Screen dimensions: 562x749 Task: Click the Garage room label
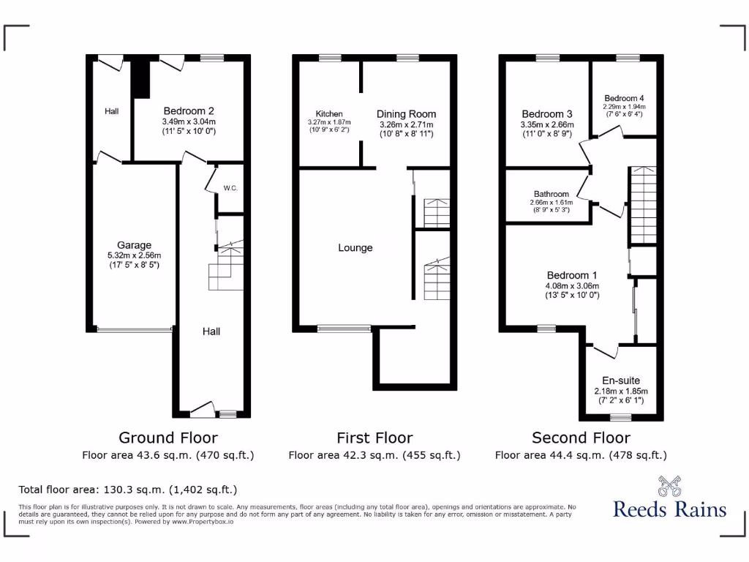[135, 245]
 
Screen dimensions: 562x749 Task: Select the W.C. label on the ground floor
[230, 188]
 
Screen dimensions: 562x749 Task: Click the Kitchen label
[329, 114]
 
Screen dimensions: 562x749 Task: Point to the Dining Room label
[406, 114]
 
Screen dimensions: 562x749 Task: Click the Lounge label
[355, 248]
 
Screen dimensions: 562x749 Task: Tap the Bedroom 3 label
[547, 114]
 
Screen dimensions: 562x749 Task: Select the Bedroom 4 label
[624, 98]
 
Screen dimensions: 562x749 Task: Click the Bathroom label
[551, 194]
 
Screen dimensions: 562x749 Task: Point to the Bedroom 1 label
[571, 276]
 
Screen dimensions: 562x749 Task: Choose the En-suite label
[621, 381]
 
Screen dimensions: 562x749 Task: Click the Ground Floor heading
[168, 438]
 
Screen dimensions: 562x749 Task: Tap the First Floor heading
[374, 438]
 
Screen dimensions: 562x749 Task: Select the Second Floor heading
[581, 438]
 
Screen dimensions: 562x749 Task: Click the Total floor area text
[127, 490]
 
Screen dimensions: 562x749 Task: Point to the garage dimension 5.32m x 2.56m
[135, 255]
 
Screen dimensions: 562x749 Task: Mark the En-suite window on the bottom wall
[621, 417]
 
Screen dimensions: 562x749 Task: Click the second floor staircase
[642, 205]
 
